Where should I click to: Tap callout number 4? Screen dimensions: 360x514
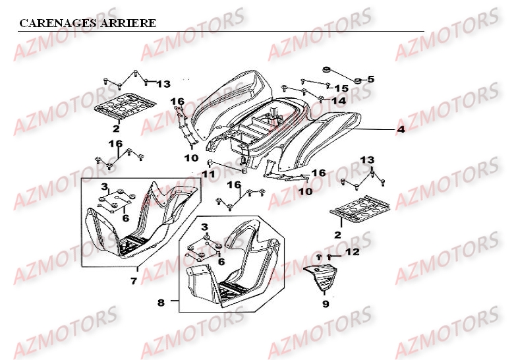tap(400, 130)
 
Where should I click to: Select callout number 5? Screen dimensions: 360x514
tap(370, 79)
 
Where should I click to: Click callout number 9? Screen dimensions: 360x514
tap(325, 304)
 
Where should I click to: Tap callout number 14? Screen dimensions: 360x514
tap(338, 101)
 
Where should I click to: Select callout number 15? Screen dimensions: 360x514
tap(341, 88)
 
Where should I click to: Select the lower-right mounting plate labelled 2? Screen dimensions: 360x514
tap(360, 211)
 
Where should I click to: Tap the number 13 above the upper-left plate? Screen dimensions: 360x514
tap(163, 84)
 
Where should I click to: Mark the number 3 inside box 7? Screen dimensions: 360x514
tap(103, 189)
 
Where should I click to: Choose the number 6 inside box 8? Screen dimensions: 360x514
tap(221, 262)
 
